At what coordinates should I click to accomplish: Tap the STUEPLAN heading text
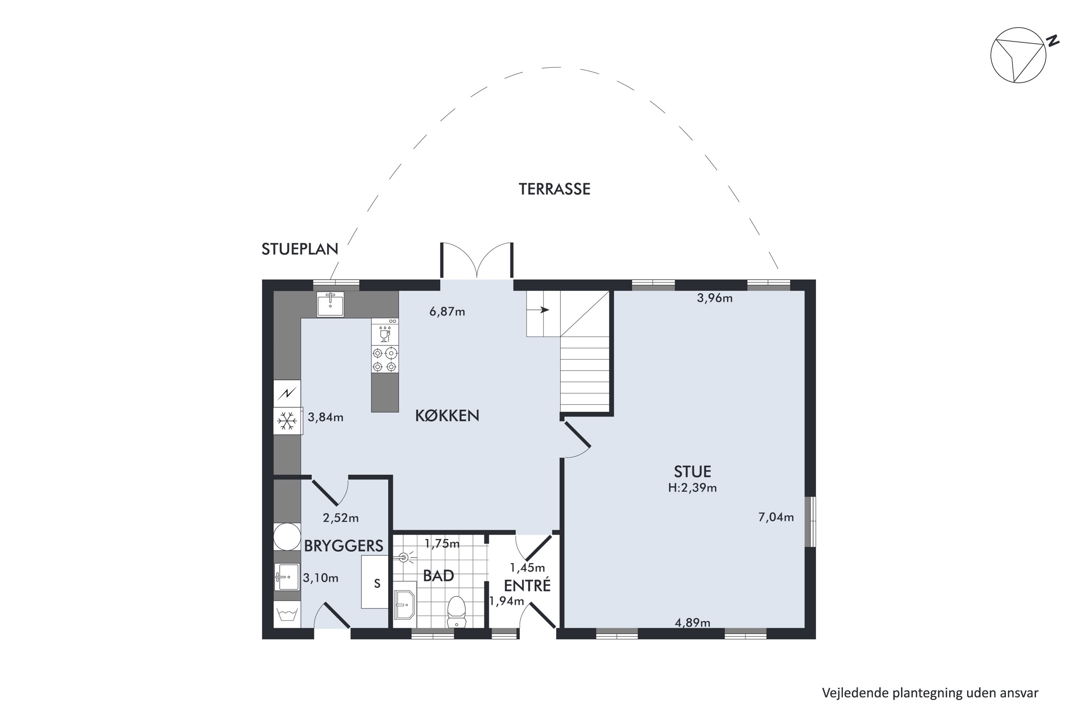299,249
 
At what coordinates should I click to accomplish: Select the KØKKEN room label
447,415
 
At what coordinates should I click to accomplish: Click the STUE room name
693,472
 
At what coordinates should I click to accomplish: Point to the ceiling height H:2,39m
693,488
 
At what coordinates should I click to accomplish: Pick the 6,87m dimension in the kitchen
447,312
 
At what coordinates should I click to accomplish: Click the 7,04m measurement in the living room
776,517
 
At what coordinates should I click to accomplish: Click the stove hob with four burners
384,359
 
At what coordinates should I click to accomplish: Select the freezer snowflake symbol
287,421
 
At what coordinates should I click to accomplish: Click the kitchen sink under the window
330,304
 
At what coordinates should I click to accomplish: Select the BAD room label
438,575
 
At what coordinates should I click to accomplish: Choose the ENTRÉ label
527,586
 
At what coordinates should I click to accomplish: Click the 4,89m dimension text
693,623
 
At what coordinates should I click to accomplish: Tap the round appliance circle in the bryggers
287,537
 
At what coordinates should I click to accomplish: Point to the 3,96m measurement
715,299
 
